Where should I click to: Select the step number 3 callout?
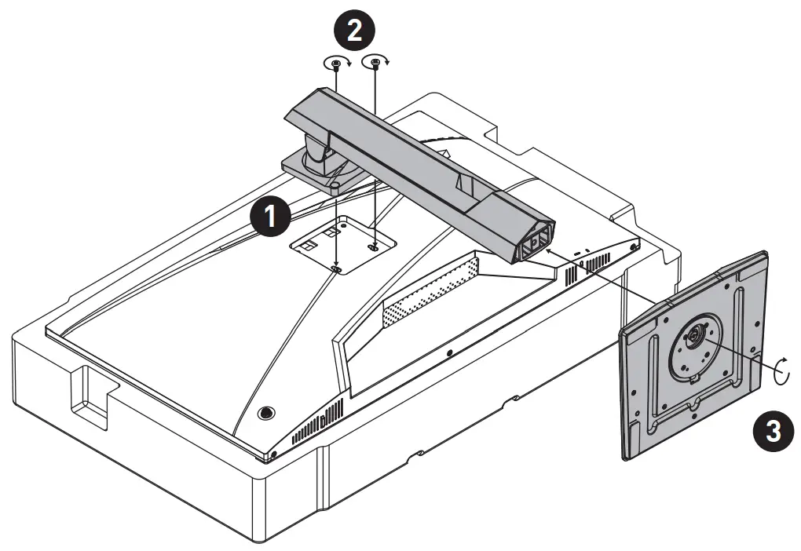tap(772, 431)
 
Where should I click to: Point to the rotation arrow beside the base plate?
tap(781, 367)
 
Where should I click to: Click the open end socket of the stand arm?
tap(534, 242)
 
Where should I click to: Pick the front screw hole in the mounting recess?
tap(337, 268)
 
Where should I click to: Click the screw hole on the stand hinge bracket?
tap(335, 187)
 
